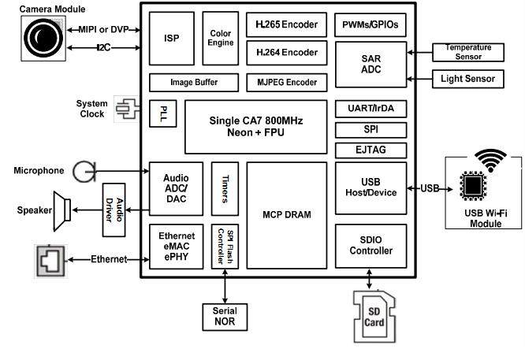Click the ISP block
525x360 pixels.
coord(171,38)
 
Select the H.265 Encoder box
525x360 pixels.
coord(286,24)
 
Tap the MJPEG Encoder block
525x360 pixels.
coord(286,82)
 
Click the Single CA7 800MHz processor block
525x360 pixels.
coord(255,126)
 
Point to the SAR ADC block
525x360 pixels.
coord(370,64)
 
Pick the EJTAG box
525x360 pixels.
coord(370,150)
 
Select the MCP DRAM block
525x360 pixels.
coord(286,214)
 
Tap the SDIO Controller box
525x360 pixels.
coord(370,245)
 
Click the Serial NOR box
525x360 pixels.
coord(225,317)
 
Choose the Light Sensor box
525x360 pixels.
coord(468,79)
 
